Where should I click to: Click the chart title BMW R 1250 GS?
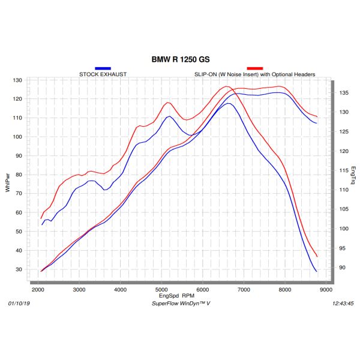(x=180, y=60)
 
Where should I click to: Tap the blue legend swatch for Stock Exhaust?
(x=103, y=69)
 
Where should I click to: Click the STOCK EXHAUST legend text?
(x=103, y=74)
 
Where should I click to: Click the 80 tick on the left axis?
(x=18, y=175)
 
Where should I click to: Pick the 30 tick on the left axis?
(x=18, y=269)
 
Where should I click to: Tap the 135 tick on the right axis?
(x=343, y=93)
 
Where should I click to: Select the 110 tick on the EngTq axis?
(x=343, y=190)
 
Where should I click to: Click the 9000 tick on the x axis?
(x=325, y=290)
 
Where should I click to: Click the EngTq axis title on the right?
(x=353, y=175)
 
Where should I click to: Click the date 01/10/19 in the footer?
(x=19, y=304)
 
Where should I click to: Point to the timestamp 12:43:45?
(x=343, y=304)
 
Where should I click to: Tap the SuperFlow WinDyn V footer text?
(x=180, y=304)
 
